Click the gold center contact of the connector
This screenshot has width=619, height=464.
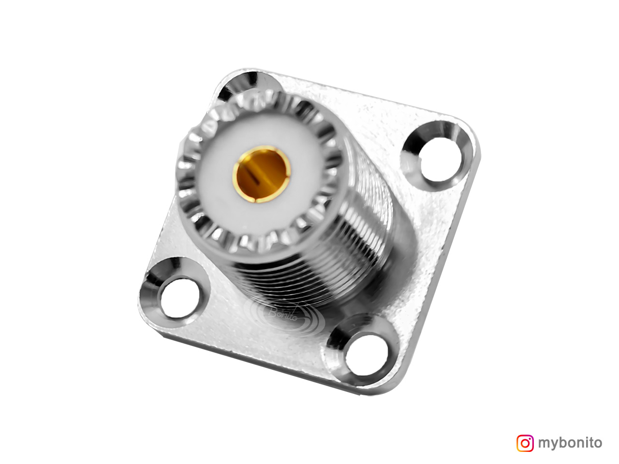click(262, 174)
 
